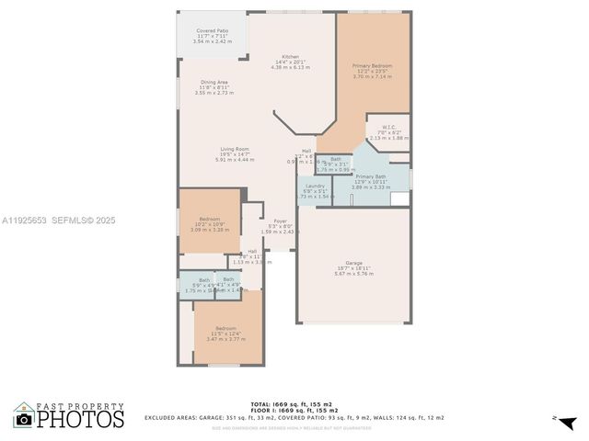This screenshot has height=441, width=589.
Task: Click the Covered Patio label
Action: point(212,30)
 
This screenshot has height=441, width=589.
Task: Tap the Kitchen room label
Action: point(290,56)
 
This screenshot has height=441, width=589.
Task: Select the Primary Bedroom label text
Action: point(372,66)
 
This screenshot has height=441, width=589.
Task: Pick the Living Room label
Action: point(235,149)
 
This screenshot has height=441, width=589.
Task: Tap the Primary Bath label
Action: point(371,175)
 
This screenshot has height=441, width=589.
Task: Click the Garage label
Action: point(353,262)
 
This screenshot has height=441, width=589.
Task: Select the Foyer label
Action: point(280,220)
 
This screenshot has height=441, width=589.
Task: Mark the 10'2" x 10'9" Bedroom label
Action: point(209,219)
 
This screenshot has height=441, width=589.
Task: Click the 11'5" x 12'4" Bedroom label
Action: point(225,328)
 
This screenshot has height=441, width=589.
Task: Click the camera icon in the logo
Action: point(24,419)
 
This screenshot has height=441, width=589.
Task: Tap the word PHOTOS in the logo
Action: point(81,420)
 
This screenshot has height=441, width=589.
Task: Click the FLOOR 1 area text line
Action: point(294,410)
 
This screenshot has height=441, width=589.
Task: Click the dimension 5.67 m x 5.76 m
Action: point(353,274)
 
